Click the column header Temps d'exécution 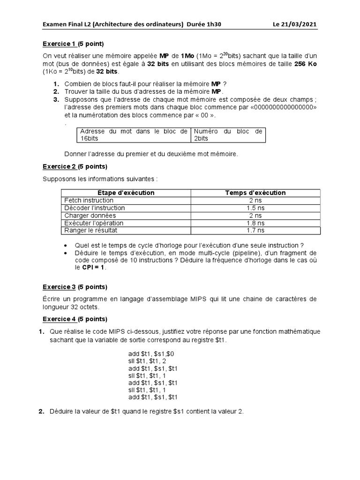[255, 193]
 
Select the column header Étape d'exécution [126, 193]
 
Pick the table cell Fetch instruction [89, 200]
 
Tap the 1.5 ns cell [255, 208]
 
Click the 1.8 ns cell [255, 223]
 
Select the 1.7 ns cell [255, 231]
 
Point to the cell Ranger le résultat [91, 231]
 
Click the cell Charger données [89, 216]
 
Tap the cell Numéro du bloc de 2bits [228, 135]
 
